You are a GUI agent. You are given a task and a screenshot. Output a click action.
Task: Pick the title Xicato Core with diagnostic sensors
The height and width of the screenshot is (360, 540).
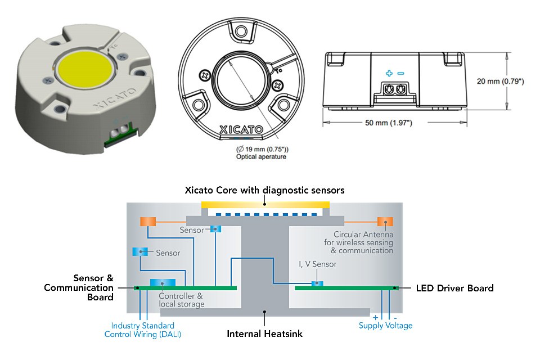pos(264,190)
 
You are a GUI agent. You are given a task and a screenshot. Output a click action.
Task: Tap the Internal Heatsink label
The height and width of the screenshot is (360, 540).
pos(264,334)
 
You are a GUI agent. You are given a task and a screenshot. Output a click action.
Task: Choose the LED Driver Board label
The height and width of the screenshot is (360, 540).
pos(454,288)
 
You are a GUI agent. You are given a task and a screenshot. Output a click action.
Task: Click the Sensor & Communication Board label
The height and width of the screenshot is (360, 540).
pos(79,287)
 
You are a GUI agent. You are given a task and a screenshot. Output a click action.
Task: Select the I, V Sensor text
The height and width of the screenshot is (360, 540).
pos(318,264)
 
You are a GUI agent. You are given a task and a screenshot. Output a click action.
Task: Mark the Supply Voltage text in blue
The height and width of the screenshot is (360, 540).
pos(385,326)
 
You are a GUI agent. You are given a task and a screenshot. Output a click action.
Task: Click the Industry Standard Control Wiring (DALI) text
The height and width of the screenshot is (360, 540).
pos(143,330)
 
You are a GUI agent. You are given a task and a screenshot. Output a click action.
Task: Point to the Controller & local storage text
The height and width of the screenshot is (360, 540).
pos(181,300)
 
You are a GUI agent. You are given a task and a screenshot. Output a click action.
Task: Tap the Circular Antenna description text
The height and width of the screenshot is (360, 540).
pos(363,242)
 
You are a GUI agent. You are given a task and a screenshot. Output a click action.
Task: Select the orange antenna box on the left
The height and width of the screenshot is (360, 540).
pos(147,222)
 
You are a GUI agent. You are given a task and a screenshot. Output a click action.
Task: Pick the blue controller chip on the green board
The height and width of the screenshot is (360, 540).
pos(163,282)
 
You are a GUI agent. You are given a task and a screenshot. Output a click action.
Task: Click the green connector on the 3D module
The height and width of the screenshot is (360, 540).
pos(120,134)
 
